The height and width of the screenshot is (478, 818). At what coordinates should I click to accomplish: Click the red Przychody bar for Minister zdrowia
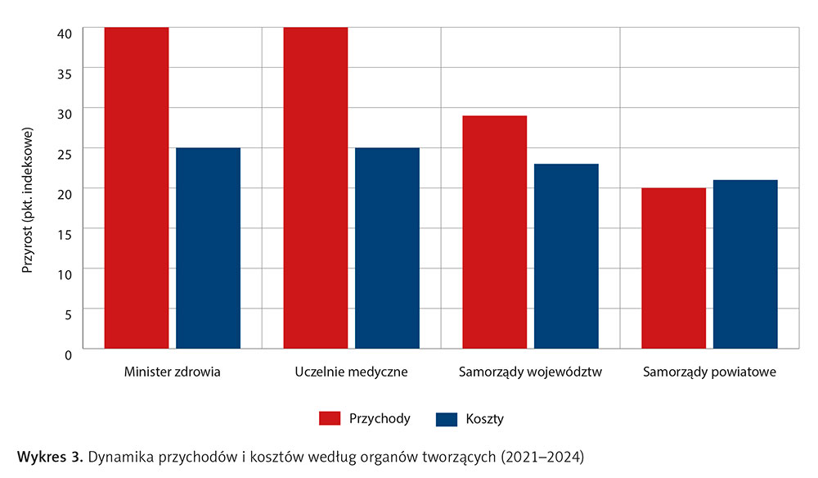137,188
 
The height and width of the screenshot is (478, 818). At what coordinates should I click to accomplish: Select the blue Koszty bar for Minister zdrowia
208,248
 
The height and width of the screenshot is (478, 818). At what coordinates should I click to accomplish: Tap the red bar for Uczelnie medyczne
316,188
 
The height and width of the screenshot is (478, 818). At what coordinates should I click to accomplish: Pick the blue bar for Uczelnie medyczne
387,248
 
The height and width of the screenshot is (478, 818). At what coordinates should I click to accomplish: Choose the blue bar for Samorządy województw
566,256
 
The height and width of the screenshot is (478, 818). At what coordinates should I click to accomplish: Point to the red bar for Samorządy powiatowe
673,268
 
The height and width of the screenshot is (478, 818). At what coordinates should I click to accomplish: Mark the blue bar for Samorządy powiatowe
745,264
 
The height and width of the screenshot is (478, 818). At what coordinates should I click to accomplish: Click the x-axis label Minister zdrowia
172,372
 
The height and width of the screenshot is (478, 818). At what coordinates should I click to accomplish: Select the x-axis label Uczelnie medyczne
351,372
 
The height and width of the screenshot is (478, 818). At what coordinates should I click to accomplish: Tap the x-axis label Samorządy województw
531,372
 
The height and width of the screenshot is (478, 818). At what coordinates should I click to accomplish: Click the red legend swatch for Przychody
329,419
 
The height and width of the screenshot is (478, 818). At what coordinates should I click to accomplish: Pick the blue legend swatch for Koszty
447,419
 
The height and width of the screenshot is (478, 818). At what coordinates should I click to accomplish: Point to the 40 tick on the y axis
65,32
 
